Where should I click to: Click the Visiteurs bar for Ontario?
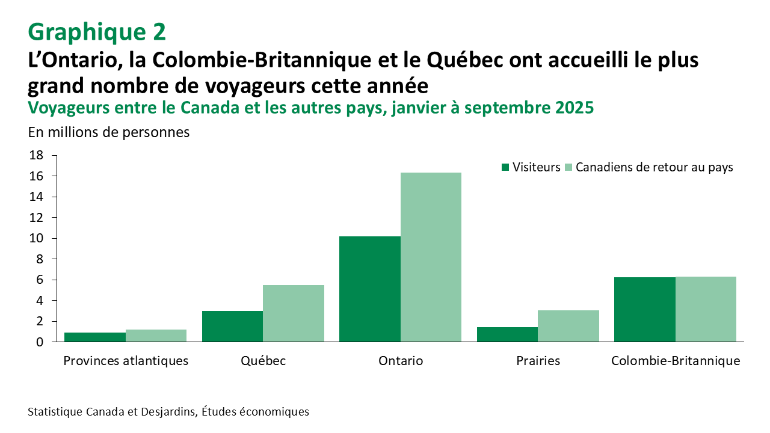pyautogui.click(x=370, y=289)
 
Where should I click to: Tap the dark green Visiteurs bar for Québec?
pyautogui.click(x=232, y=326)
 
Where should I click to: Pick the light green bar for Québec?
pyautogui.click(x=294, y=313)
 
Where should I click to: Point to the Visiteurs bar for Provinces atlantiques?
pyautogui.click(x=95, y=337)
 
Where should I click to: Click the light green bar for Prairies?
pyautogui.click(x=568, y=326)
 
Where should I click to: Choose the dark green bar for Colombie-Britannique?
pyautogui.click(x=645, y=309)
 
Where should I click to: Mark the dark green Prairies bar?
pyautogui.click(x=507, y=334)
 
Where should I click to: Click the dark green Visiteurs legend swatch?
pyautogui.click(x=505, y=167)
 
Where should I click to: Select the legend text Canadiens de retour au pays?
pyautogui.click(x=654, y=167)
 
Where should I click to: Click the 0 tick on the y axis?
pyautogui.click(x=40, y=342)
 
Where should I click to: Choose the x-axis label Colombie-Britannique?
pyautogui.click(x=676, y=361)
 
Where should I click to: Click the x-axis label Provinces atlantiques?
pyautogui.click(x=126, y=361)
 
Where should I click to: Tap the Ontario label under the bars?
pyautogui.click(x=401, y=361)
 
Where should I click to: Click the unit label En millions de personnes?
pyautogui.click(x=108, y=132)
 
